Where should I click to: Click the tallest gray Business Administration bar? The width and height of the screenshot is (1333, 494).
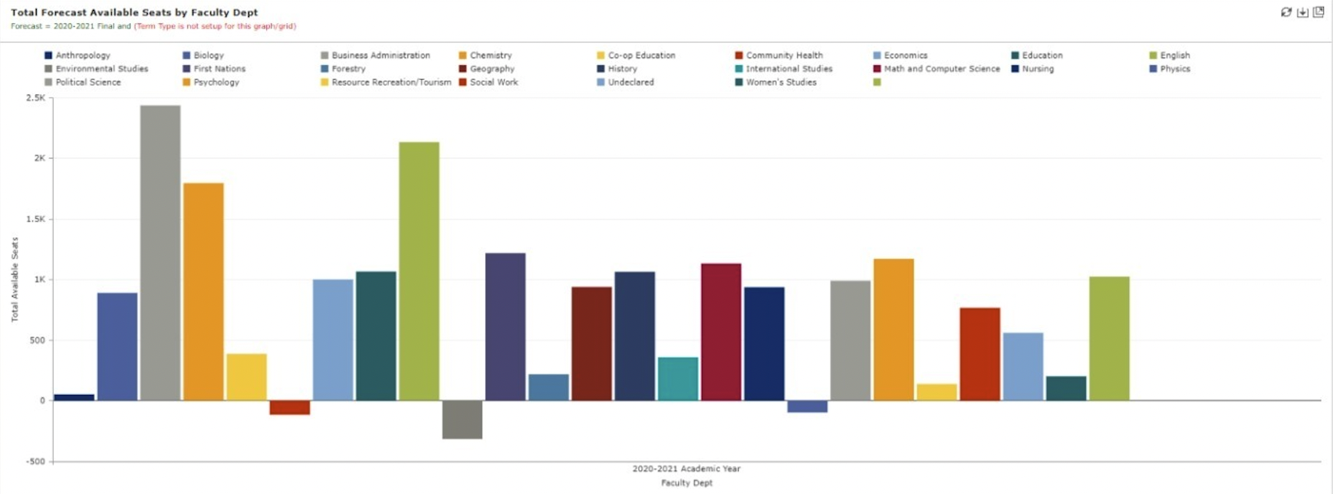160,253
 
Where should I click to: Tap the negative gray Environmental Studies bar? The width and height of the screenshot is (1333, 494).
462,420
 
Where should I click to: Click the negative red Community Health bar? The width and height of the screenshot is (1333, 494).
290,407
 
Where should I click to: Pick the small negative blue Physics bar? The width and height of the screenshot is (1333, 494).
808,407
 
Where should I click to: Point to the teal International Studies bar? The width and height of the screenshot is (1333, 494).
678,379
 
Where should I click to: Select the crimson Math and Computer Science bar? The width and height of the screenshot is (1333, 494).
721,332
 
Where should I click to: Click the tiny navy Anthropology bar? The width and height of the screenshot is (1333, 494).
74,397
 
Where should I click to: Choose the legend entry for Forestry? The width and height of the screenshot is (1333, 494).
348,69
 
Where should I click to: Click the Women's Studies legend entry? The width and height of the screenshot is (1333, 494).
781,82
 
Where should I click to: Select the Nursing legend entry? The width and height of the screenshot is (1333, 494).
1038,69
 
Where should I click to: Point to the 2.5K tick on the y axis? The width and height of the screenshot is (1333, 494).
35,98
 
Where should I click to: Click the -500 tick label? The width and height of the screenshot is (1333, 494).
35,462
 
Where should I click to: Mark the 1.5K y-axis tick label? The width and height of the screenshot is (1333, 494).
35,219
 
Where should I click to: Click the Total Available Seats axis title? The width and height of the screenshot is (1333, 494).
15,279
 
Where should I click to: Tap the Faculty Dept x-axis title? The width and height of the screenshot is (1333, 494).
686,483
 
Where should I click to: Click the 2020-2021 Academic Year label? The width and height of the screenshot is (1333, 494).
686,469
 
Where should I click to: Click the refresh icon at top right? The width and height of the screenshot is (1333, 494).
1286,12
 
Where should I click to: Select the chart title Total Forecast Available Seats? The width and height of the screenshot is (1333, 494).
134,12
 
